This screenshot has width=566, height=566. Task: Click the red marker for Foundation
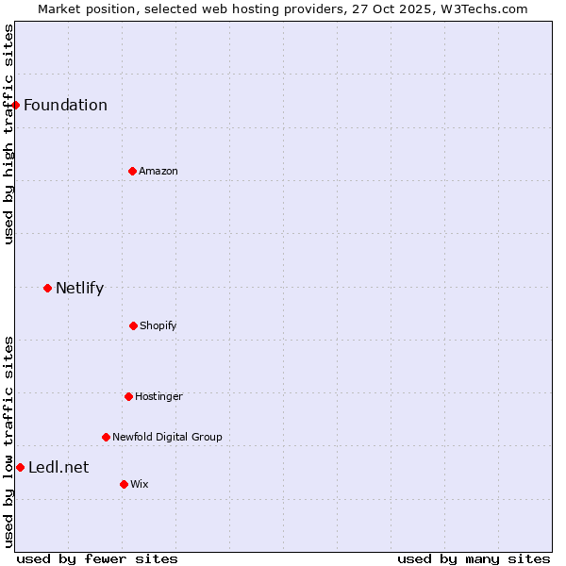pos(16,105)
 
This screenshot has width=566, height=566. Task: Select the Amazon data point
pos(132,171)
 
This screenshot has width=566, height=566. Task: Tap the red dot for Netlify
pos(47,288)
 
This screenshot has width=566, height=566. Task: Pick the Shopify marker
pos(133,325)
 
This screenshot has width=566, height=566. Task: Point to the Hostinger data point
pos(128,396)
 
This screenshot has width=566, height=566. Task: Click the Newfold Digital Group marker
pos(106,437)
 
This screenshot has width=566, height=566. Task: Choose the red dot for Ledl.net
pos(20,467)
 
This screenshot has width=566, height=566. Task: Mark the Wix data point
pos(124,484)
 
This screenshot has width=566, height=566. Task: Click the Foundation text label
pos(65,105)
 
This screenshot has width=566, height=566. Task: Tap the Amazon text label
pos(158,171)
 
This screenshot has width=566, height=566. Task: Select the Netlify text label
pos(79,288)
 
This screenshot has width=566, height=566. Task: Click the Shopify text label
pos(158,325)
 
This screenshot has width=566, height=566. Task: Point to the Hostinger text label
pos(158,396)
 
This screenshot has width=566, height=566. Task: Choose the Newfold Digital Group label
pos(167,437)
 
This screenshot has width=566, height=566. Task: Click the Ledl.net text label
pos(58,467)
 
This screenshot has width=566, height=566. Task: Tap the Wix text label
pos(140,484)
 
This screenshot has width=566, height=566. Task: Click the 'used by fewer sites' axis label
pos(97,558)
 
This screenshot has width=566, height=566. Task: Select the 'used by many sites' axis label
pos(474,558)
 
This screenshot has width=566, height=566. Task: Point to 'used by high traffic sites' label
pos(8,134)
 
